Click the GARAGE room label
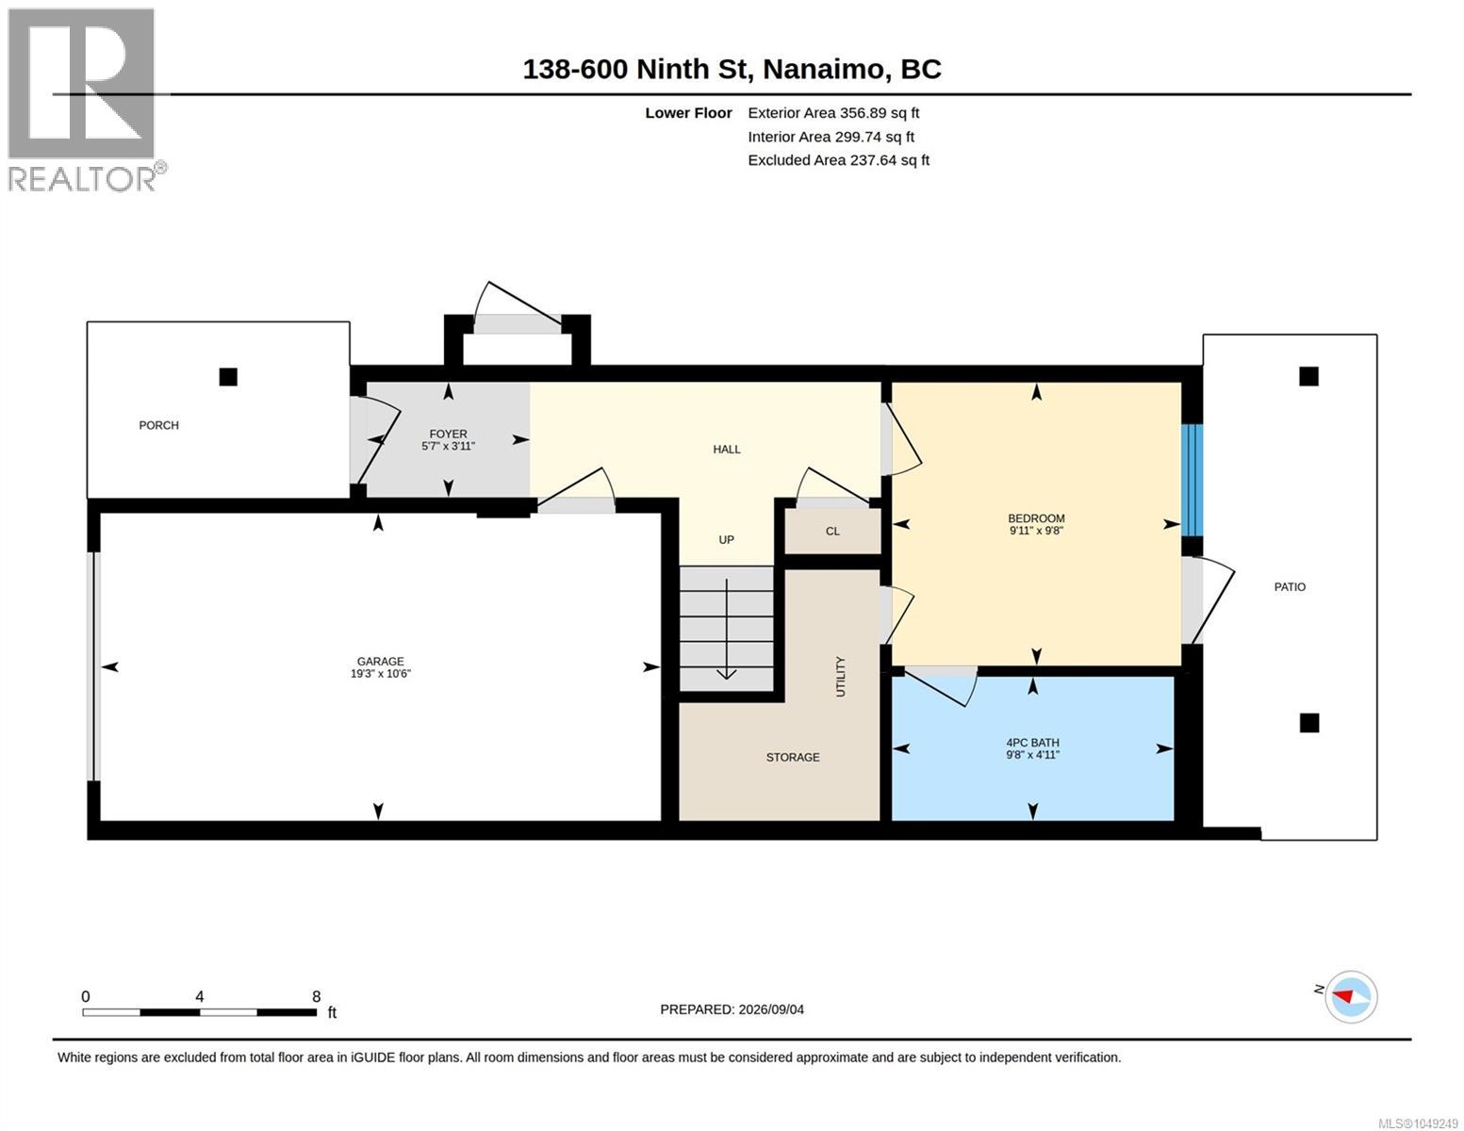(380, 662)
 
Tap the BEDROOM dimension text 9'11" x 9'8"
(1036, 530)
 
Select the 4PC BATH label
(1033, 743)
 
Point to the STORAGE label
(793, 757)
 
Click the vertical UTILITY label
(840, 677)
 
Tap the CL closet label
(832, 532)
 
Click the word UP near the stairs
(726, 539)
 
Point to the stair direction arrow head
(726, 674)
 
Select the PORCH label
(159, 425)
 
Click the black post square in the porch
(228, 377)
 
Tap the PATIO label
(1290, 587)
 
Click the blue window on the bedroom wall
(1192, 480)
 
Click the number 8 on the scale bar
(317, 996)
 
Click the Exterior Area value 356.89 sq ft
(880, 113)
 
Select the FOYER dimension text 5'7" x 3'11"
(448, 446)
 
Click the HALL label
(727, 450)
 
